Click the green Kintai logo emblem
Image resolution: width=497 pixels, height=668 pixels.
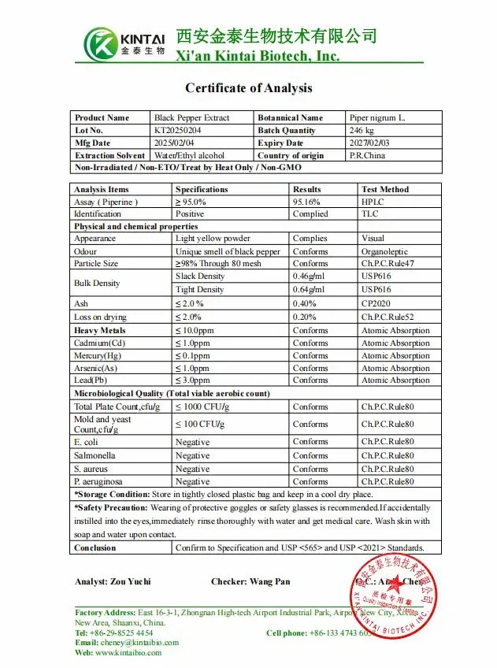click(101, 43)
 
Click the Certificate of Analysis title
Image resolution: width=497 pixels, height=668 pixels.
click(248, 88)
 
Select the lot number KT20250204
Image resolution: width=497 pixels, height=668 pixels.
click(178, 131)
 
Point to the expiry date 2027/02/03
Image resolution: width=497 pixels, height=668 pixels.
click(370, 143)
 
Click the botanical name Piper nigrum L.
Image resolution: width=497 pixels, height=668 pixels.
click(377, 118)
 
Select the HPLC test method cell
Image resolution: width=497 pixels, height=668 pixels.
click(372, 202)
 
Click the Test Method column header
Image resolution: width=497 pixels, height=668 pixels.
click(384, 190)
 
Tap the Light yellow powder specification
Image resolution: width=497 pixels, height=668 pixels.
click(213, 239)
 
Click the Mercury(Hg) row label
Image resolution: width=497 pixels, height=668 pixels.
click(98, 356)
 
